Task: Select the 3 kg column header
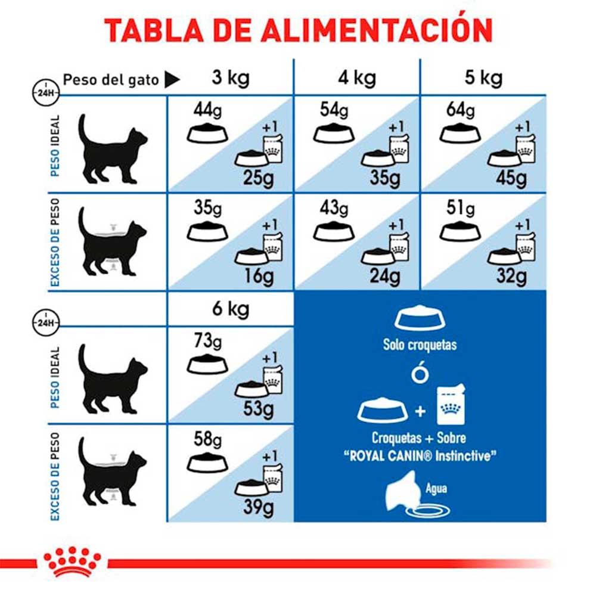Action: [x=230, y=78]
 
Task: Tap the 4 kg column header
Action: [x=356, y=78]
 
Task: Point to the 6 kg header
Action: [x=230, y=309]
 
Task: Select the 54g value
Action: [x=334, y=110]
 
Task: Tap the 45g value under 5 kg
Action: [x=512, y=178]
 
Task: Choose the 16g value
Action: [x=259, y=276]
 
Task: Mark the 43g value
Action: [x=334, y=208]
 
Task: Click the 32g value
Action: [x=512, y=276]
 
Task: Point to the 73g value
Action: [x=207, y=342]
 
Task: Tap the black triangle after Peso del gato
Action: [x=172, y=79]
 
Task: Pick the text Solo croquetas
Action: [x=420, y=344]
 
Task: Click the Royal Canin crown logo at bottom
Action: [x=72, y=560]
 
